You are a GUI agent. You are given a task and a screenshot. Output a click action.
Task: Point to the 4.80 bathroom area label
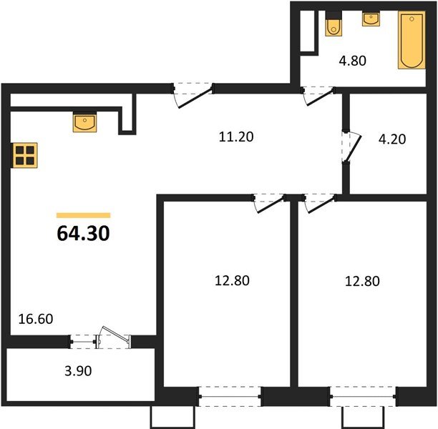tap(351, 61)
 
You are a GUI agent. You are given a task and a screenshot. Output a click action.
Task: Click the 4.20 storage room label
tap(391, 139)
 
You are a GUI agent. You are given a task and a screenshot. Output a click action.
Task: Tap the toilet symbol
tap(334, 24)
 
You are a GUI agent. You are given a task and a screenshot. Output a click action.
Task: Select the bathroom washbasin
tap(371, 19)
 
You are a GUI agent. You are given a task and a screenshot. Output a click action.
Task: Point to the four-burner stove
tap(25, 155)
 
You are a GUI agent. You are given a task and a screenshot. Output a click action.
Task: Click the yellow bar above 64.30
tap(83, 214)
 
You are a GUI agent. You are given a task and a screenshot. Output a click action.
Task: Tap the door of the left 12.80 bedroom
tap(268, 202)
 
